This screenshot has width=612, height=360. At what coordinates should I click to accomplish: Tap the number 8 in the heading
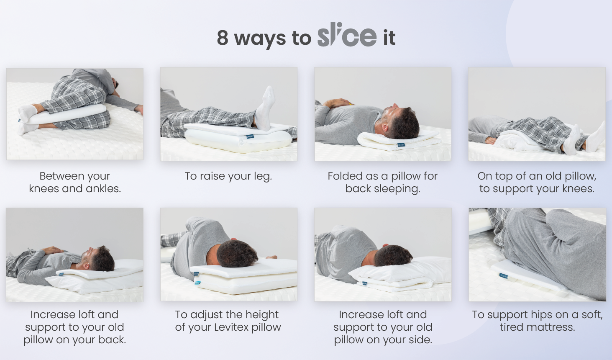(223, 38)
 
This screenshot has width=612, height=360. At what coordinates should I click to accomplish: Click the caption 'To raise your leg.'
(228, 176)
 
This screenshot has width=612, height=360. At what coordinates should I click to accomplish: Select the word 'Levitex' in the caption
(231, 327)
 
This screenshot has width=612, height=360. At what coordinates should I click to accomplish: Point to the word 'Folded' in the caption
(345, 176)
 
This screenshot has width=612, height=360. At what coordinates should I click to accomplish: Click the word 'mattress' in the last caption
(552, 327)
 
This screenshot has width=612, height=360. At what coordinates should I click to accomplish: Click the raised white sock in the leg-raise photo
(265, 108)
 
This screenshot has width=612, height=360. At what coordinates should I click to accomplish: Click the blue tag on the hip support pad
(503, 275)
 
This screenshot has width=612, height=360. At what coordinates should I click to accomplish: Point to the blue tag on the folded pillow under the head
(401, 144)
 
